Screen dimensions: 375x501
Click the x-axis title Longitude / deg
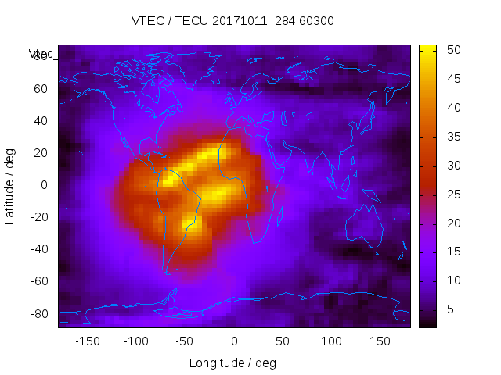232,362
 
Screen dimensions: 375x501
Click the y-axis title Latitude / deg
10,185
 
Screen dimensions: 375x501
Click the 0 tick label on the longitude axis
234,341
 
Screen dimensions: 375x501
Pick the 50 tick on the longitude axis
283,341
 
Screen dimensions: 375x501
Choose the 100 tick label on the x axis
331,341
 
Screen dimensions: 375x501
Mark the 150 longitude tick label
380,341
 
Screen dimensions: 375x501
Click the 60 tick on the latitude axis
41,88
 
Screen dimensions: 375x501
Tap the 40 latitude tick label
41,120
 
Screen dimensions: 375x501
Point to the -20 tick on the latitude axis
38,217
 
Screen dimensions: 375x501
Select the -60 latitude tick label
38,281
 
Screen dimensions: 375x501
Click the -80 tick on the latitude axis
38,313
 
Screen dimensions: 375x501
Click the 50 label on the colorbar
452,50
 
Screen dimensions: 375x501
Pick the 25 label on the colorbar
452,195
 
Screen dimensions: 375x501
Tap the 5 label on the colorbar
449,309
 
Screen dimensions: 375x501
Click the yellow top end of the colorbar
427,48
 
